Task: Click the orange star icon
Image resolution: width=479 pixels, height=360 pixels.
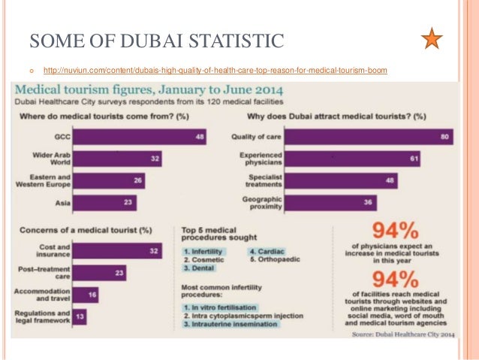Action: point(432,38)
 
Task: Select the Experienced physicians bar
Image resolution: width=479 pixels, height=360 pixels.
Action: point(345,159)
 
